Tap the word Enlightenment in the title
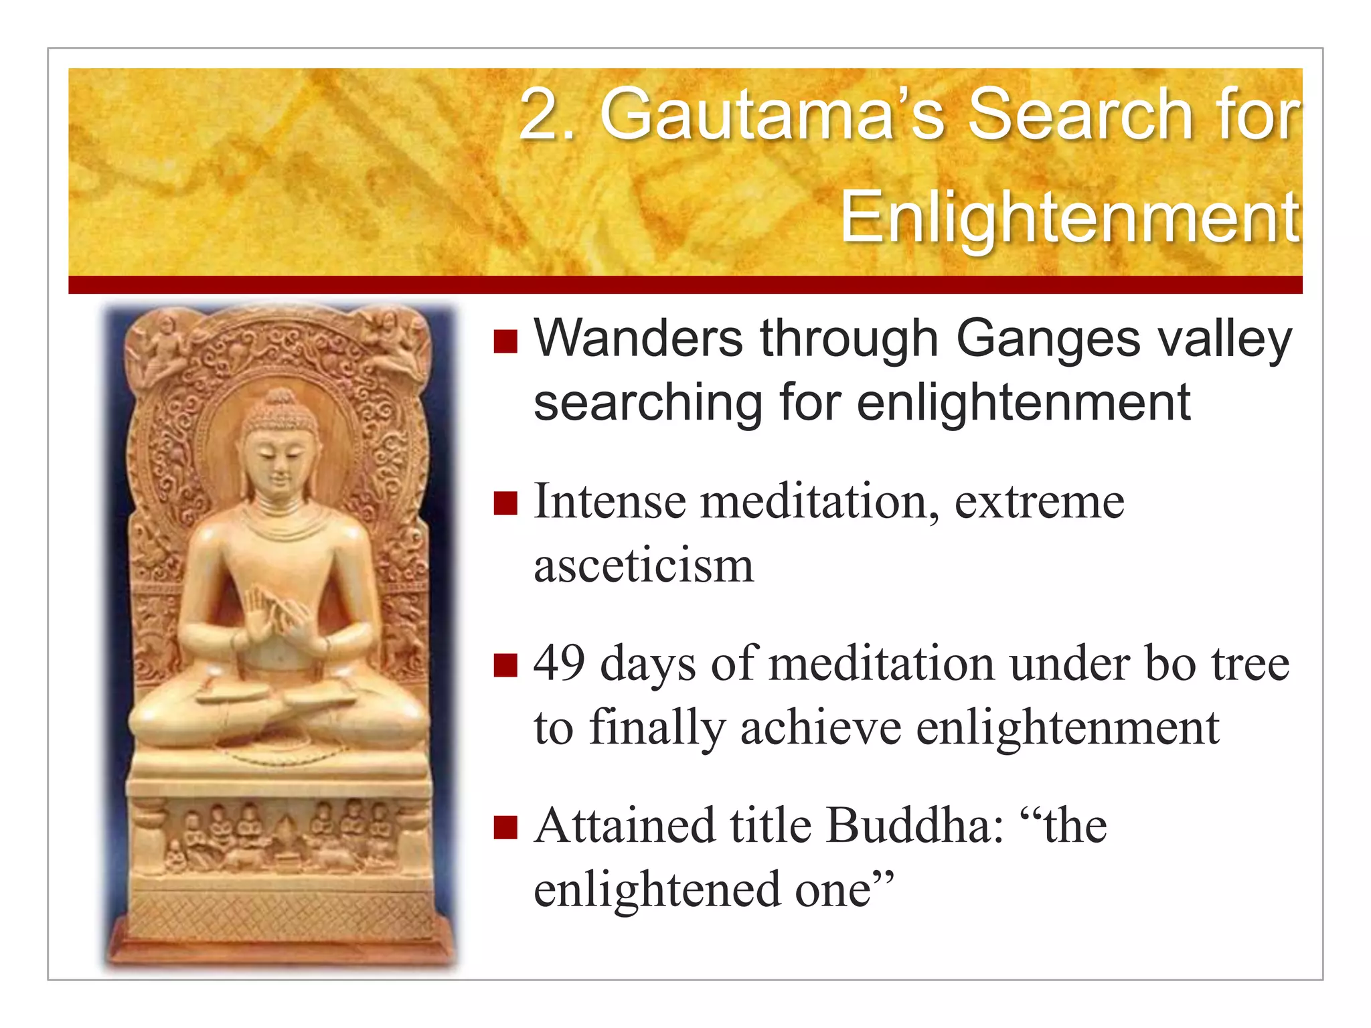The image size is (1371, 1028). (1070, 218)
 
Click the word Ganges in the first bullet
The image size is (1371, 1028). (1048, 339)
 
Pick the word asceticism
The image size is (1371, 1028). (643, 566)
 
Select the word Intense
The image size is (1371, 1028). (609, 501)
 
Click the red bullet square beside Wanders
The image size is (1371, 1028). (505, 341)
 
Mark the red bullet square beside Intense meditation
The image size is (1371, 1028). (505, 503)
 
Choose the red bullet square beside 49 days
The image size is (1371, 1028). (505, 665)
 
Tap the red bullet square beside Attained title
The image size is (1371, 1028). (505, 827)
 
